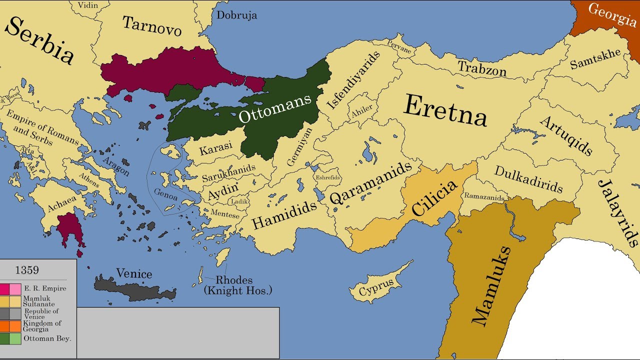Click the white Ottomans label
coord(274,108)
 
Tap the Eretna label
coord(445,111)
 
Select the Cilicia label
coord(434,197)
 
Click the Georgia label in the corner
coord(612,14)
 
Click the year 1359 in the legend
coord(27,270)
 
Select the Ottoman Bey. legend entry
coord(47,338)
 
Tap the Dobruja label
coord(236,15)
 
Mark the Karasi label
coord(216,148)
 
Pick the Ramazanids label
coord(484,197)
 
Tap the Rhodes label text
coord(234,280)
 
